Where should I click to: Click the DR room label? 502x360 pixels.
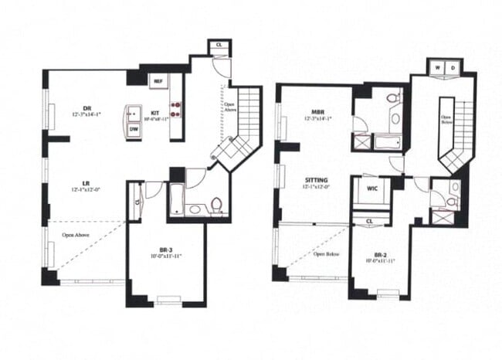(87, 109)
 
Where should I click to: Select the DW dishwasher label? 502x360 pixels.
(134, 130)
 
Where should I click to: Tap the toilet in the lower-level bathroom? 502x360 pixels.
(217, 204)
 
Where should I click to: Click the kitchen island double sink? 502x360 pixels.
(133, 113)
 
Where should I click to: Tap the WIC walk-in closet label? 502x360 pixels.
(371, 188)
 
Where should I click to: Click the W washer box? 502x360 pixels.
(438, 68)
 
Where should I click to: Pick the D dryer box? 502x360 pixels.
(453, 68)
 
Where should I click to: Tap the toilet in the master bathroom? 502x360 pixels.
(393, 99)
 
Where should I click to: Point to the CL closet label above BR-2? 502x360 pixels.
(370, 221)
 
